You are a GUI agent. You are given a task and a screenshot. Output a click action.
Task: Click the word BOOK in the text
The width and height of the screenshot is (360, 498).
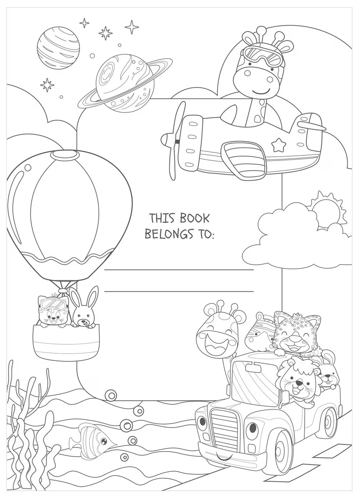tap(195, 219)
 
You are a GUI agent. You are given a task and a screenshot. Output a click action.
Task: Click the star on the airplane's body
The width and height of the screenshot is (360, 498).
tap(278, 145)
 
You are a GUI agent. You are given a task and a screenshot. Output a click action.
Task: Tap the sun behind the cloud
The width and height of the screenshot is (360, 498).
tap(327, 210)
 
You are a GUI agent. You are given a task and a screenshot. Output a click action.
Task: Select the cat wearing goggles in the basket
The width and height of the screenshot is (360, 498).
tap(53, 311)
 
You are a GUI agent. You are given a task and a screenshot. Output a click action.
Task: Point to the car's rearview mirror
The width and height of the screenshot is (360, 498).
tap(253, 368)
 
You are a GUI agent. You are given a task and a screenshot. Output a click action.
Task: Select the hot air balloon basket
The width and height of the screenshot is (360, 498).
tap(66, 342)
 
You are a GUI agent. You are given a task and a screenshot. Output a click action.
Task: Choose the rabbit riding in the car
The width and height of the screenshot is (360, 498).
tap(329, 372)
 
